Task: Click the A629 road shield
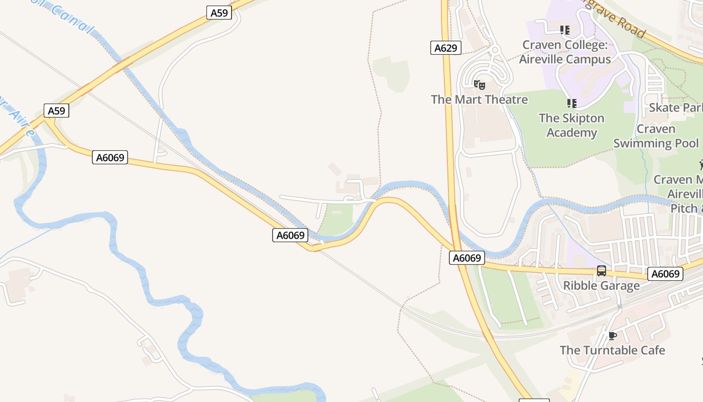(445, 48)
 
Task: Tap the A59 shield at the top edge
(219, 13)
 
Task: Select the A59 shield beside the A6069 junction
(56, 111)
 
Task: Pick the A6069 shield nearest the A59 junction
(110, 157)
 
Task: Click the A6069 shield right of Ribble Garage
(665, 274)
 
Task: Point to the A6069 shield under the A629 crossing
(466, 258)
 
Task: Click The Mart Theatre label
(479, 99)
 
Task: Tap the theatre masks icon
(479, 85)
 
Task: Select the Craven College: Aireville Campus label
(565, 52)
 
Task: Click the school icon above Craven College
(565, 30)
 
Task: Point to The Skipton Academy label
(571, 125)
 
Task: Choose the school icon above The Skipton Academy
(571, 104)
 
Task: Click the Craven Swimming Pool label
(656, 136)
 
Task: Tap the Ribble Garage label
(601, 285)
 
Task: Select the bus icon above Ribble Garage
(601, 271)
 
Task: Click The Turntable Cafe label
(612, 350)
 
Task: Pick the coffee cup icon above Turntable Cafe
(612, 336)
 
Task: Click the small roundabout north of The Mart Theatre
(495, 50)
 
